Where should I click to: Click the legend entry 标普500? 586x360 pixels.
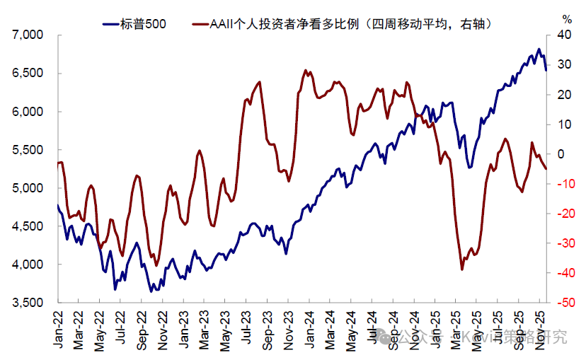coord(144,23)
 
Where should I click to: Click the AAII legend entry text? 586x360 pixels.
coord(350,23)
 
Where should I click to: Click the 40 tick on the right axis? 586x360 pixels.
coord(564,35)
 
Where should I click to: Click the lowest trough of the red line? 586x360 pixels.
coord(462,269)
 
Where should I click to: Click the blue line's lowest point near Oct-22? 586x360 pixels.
coord(151,291)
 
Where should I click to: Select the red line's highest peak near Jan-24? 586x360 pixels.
coord(305,70)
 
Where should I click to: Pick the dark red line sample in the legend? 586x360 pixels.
coord(201,23)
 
